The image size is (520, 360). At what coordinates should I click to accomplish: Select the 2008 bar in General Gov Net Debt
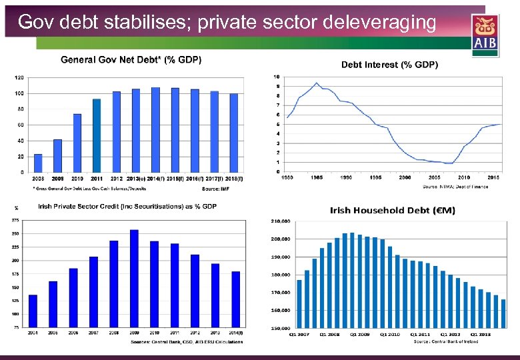point(38,163)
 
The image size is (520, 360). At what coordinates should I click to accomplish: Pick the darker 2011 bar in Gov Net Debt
point(97,135)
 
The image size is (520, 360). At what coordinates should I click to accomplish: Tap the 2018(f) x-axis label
point(233,179)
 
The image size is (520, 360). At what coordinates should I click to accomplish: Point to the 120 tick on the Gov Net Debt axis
point(19,77)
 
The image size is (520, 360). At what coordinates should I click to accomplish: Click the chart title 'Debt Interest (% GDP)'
point(389,65)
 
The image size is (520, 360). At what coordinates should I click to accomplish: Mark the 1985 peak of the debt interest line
point(316,83)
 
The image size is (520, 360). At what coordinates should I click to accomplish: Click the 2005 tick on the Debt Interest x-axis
point(435,177)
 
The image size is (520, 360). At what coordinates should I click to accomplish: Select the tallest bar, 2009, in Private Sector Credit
point(134,278)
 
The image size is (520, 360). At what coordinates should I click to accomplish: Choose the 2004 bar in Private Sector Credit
point(33,311)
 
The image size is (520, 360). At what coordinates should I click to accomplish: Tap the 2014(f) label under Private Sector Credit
point(236,332)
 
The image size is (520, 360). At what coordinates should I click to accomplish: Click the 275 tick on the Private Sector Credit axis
point(15,220)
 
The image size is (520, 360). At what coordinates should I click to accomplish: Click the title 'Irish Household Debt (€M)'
point(393,211)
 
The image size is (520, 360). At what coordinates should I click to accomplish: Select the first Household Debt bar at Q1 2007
point(299,303)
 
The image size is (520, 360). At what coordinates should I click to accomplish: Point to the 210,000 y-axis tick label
point(280,221)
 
